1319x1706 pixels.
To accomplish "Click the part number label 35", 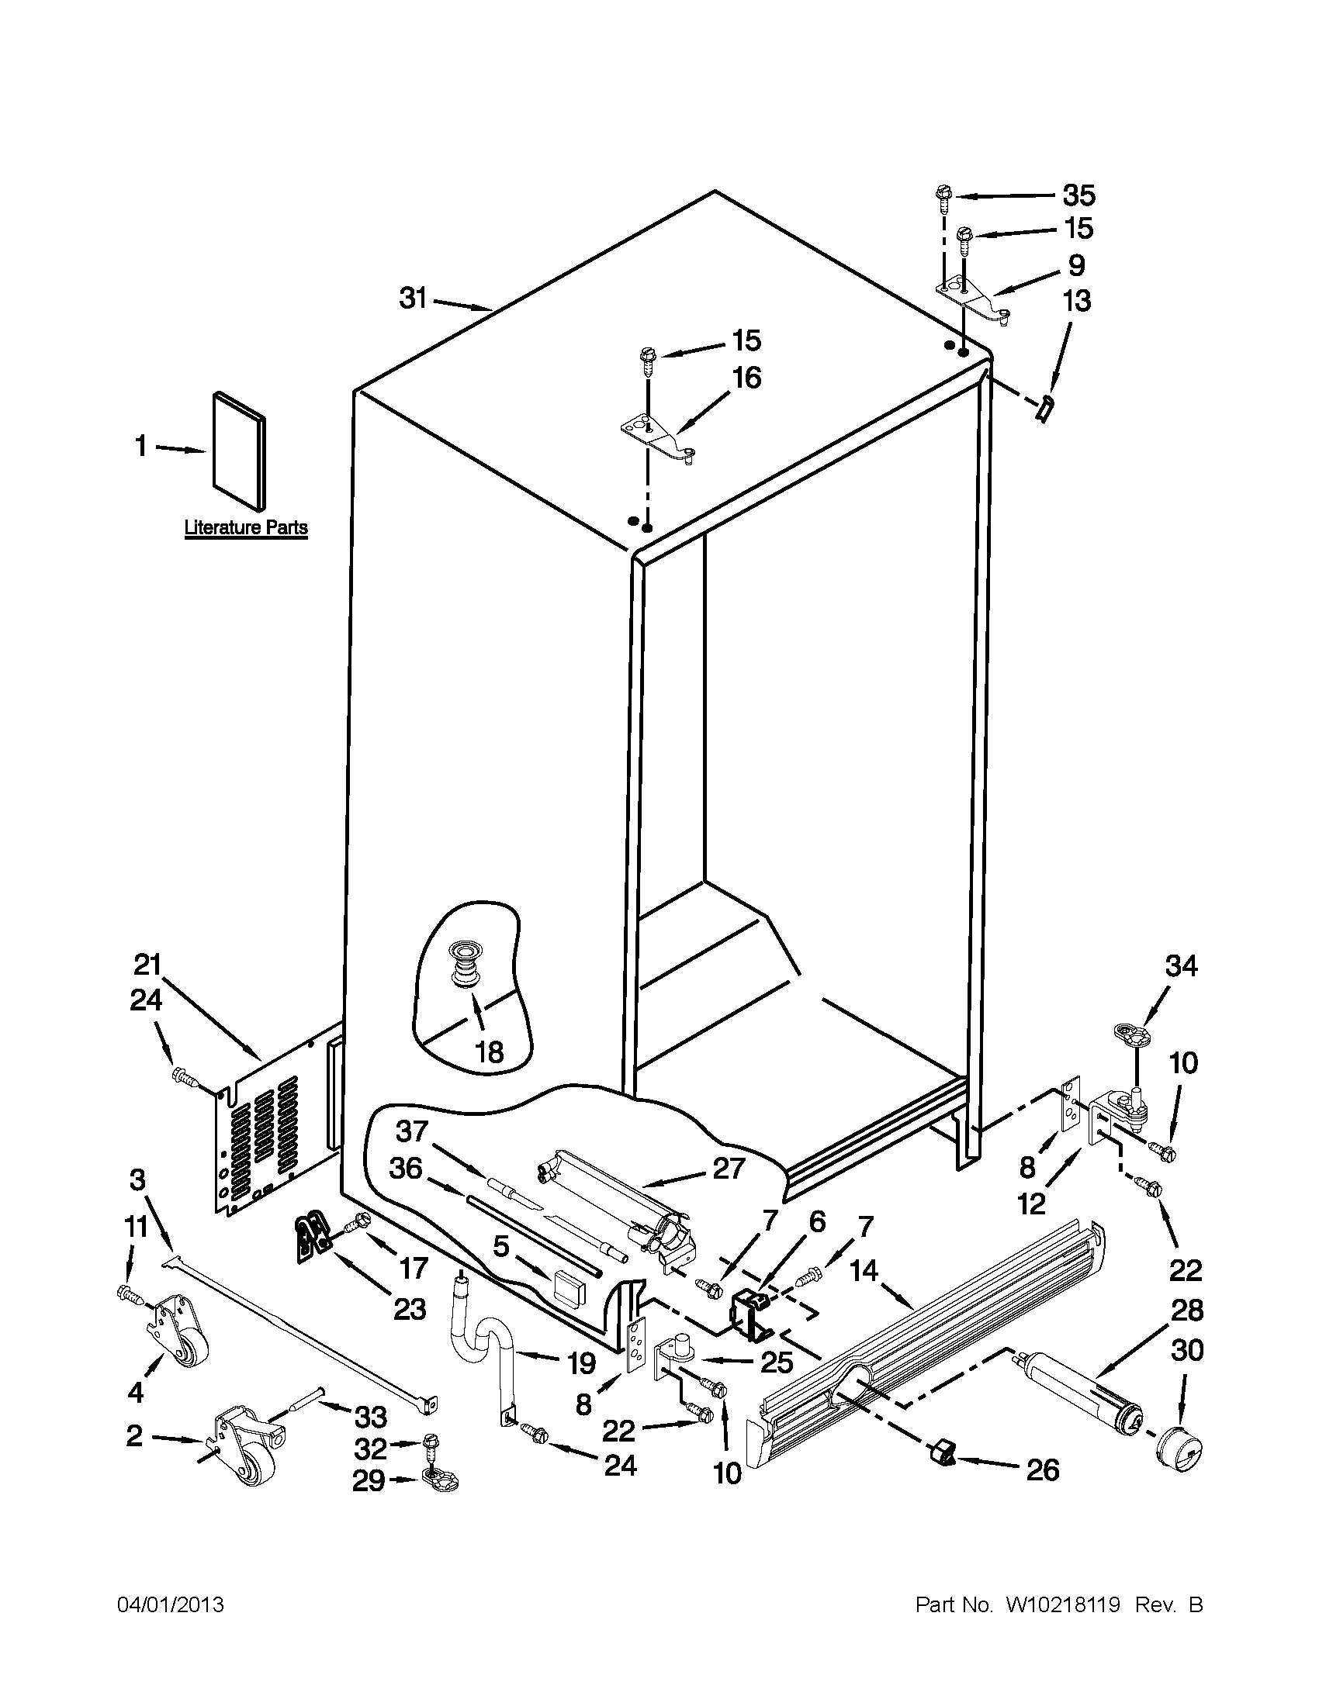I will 1079,195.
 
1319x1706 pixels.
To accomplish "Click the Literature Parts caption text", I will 245,528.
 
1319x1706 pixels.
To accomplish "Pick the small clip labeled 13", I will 1043,408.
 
